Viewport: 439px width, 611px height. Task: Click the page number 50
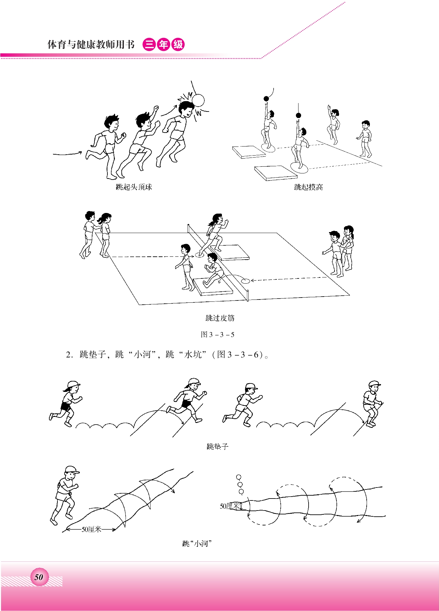pyautogui.click(x=39, y=577)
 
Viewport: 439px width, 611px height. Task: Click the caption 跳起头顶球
pyautogui.click(x=134, y=187)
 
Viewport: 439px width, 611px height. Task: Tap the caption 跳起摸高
pyautogui.click(x=308, y=187)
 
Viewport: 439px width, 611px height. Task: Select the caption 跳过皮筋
pyautogui.click(x=220, y=318)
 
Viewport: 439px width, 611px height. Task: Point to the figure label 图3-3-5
pyautogui.click(x=217, y=335)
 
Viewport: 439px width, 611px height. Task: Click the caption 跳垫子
pyautogui.click(x=217, y=447)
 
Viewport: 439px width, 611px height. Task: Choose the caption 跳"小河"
pyautogui.click(x=197, y=544)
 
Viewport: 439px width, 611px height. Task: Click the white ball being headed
pyautogui.click(x=198, y=100)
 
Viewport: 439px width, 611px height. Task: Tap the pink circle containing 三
pyautogui.click(x=149, y=44)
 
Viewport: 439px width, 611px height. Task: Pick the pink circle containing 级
pyautogui.click(x=178, y=44)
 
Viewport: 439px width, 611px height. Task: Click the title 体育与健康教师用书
pyautogui.click(x=91, y=44)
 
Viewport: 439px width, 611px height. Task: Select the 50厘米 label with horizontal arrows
pyautogui.click(x=91, y=529)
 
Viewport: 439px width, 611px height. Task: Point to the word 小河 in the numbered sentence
pyautogui.click(x=142, y=355)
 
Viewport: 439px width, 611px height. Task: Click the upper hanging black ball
pyautogui.click(x=266, y=99)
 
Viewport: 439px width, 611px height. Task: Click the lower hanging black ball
pyautogui.click(x=299, y=115)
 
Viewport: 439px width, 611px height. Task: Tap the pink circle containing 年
pyautogui.click(x=164, y=44)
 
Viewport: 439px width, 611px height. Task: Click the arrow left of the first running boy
pyautogui.click(x=67, y=154)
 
